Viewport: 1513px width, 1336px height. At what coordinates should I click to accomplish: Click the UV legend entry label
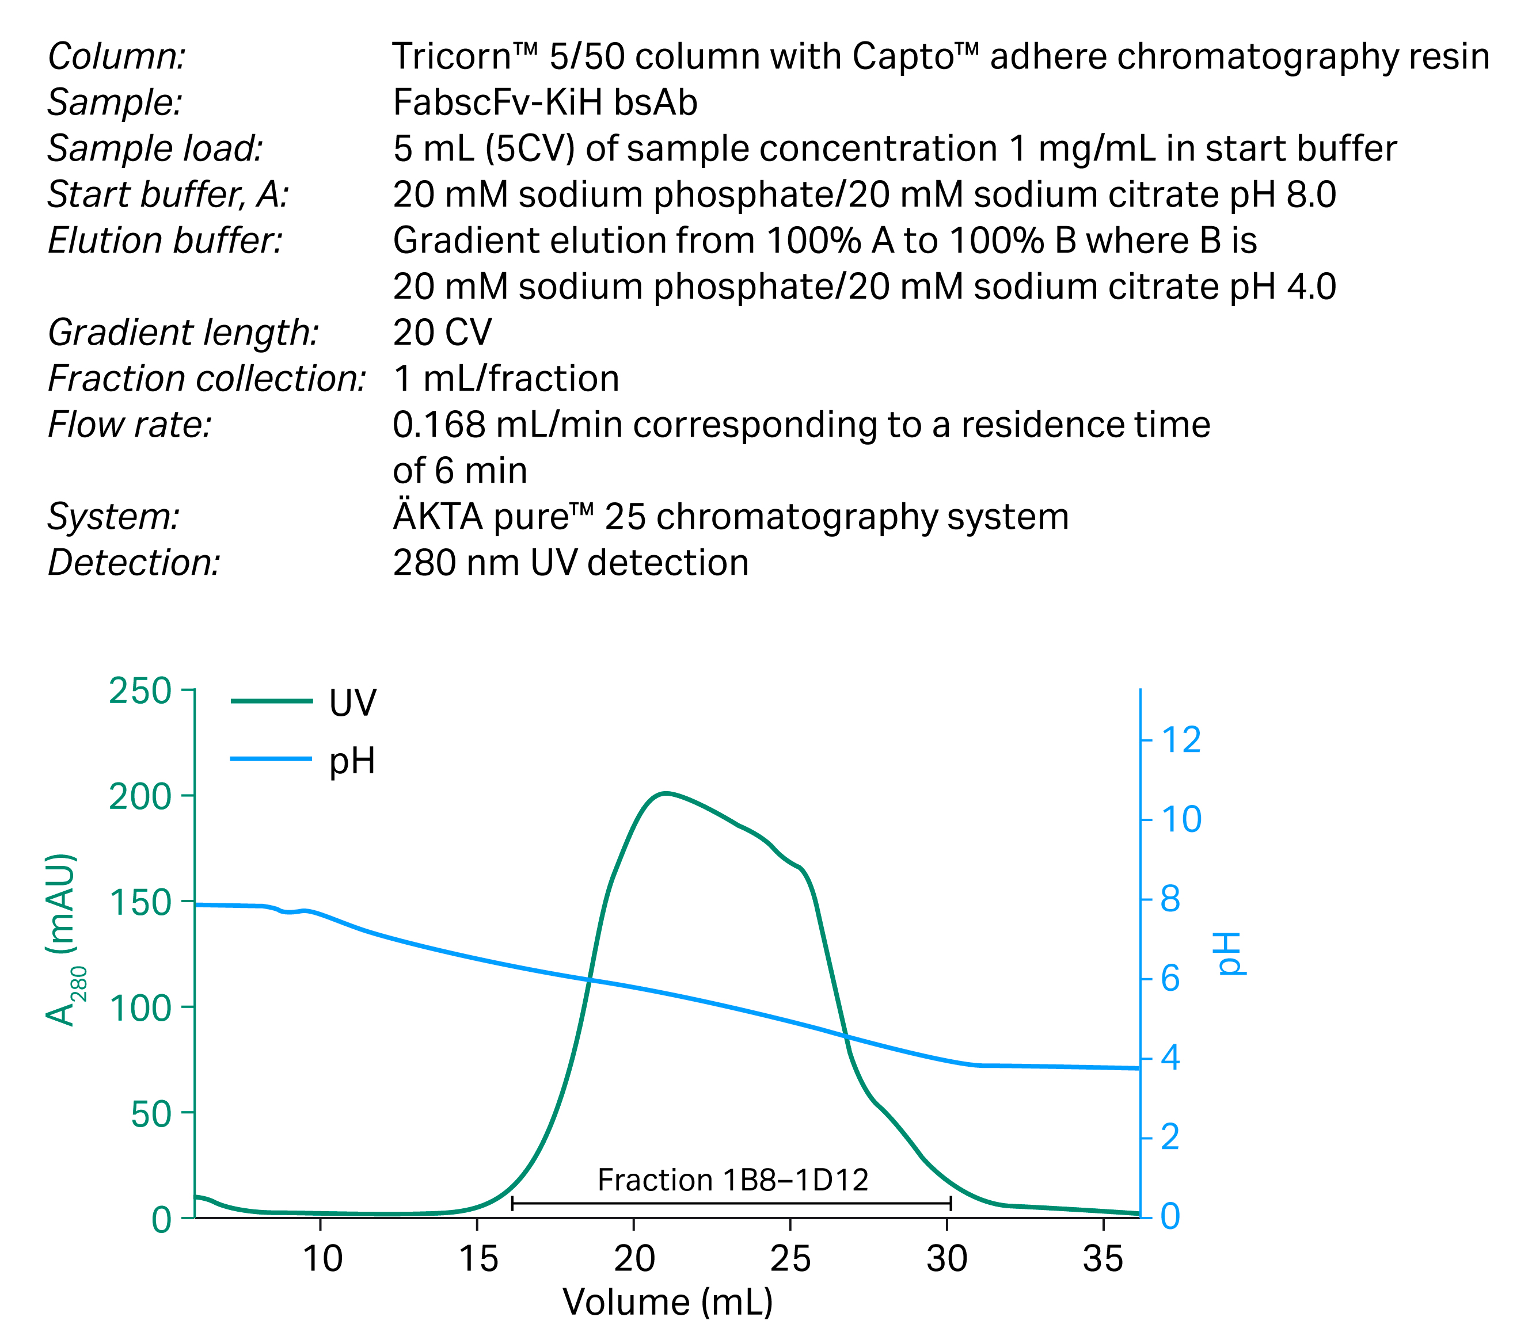[352, 703]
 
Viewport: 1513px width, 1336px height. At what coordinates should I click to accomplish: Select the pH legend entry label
[352, 761]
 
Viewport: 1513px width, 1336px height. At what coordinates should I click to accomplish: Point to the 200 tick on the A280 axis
[140, 797]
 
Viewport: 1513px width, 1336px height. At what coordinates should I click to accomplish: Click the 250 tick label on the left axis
[140, 692]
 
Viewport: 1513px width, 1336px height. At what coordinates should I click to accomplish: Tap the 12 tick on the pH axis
[1181, 740]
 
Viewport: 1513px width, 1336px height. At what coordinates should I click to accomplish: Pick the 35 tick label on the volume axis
[1103, 1259]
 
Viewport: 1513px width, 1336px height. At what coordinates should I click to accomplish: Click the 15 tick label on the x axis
[478, 1259]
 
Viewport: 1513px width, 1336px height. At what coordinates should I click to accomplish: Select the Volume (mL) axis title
[668, 1302]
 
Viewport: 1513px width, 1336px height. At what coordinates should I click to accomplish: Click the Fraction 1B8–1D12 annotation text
[733, 1180]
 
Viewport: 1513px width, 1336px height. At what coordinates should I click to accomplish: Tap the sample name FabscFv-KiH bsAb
[545, 102]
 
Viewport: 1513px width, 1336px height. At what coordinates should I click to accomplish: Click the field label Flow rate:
[130, 425]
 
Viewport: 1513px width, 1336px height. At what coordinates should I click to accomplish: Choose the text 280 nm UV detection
[571, 563]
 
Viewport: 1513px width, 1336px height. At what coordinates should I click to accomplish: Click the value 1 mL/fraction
[506, 379]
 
